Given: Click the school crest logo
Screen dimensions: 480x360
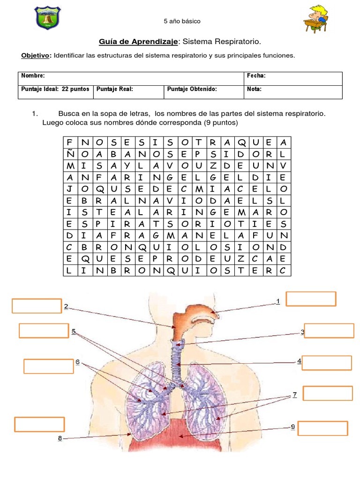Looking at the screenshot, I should (48, 18).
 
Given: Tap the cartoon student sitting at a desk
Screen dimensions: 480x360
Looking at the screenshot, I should (316, 18).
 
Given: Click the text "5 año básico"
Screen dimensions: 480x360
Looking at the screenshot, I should (182, 22).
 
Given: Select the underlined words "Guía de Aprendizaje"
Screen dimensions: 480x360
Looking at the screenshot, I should (138, 42).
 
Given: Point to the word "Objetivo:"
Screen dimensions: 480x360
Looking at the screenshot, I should (36, 55).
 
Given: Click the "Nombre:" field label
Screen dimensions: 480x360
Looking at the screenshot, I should (33, 75).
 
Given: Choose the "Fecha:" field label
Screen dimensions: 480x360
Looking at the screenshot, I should (256, 75).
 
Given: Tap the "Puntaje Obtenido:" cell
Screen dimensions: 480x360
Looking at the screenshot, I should (192, 89).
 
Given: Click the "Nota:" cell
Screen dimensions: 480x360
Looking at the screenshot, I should (254, 89).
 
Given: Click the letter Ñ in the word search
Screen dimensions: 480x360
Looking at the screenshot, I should (70, 154).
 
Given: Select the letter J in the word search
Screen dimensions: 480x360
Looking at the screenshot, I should (70, 189).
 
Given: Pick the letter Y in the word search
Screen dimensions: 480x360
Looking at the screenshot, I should (127, 166).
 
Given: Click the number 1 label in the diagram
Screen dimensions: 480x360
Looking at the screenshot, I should (278, 301).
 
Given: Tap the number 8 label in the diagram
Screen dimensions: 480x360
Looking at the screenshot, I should (60, 438).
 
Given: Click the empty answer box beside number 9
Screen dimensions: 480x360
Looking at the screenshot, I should (322, 428).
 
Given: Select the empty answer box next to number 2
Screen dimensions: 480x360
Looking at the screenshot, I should (37, 306).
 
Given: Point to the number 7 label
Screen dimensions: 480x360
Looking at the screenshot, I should (294, 395).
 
